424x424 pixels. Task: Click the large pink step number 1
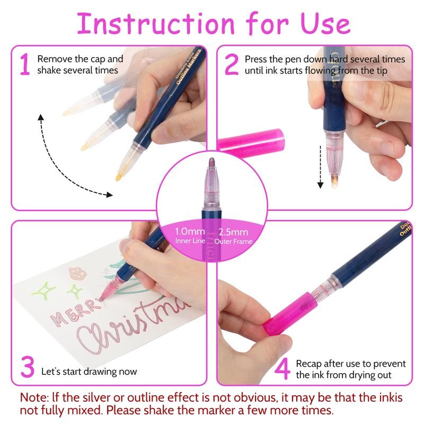(x=24, y=64)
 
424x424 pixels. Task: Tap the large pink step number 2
(x=232, y=64)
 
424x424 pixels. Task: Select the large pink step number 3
(x=27, y=367)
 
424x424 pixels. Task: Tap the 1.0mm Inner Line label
(x=189, y=236)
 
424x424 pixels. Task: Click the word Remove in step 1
(x=54, y=59)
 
